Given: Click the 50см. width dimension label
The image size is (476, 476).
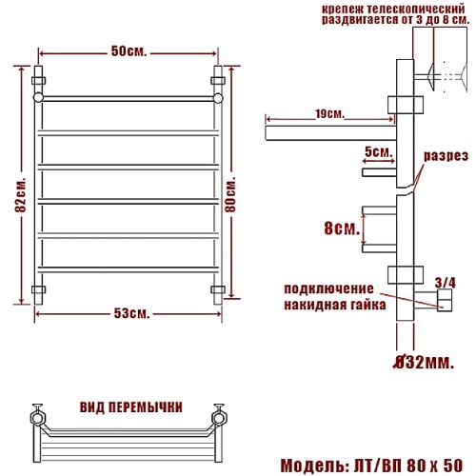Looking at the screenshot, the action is pyautogui.click(x=129, y=51).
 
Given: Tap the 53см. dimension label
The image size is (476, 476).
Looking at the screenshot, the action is pyautogui.click(x=131, y=314).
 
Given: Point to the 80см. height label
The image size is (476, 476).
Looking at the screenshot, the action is pyautogui.click(x=230, y=193).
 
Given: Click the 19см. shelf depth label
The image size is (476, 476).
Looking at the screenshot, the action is pyautogui.click(x=329, y=114).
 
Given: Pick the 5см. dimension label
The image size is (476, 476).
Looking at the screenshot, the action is pyautogui.click(x=379, y=152).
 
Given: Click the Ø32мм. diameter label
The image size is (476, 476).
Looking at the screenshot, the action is pyautogui.click(x=424, y=363).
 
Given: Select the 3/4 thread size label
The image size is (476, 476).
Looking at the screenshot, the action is pyautogui.click(x=446, y=283).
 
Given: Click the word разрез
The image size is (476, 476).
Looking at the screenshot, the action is pyautogui.click(x=446, y=156).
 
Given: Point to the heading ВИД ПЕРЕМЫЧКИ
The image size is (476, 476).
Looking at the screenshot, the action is pyautogui.click(x=131, y=407).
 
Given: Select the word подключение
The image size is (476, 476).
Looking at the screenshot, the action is pyautogui.click(x=328, y=289).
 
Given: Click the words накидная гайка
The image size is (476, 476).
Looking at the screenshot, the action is pyautogui.click(x=335, y=305).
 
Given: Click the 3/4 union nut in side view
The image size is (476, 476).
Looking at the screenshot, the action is pyautogui.click(x=445, y=300).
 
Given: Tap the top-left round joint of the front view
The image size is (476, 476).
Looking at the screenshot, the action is pyautogui.click(x=38, y=97).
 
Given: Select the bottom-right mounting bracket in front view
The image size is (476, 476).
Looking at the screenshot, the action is pyautogui.click(x=218, y=289).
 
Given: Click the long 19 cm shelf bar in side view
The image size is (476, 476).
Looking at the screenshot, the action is pyautogui.click(x=330, y=133).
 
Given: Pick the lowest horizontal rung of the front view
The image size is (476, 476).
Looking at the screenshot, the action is pyautogui.click(x=129, y=270).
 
